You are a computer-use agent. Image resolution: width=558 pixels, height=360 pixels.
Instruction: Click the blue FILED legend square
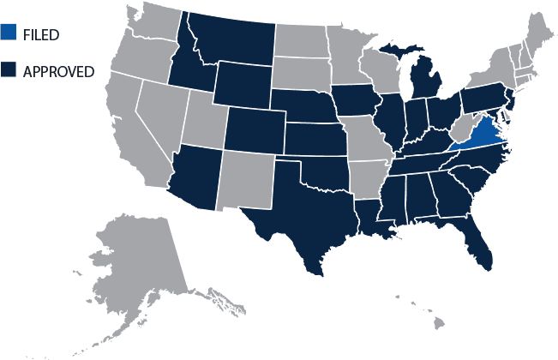point(9,34)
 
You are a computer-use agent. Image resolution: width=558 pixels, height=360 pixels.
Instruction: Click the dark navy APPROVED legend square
point(9,70)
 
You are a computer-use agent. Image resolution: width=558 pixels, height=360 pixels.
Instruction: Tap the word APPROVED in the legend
point(59,71)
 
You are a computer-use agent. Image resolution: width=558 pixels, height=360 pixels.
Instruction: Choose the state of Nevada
point(159,111)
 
